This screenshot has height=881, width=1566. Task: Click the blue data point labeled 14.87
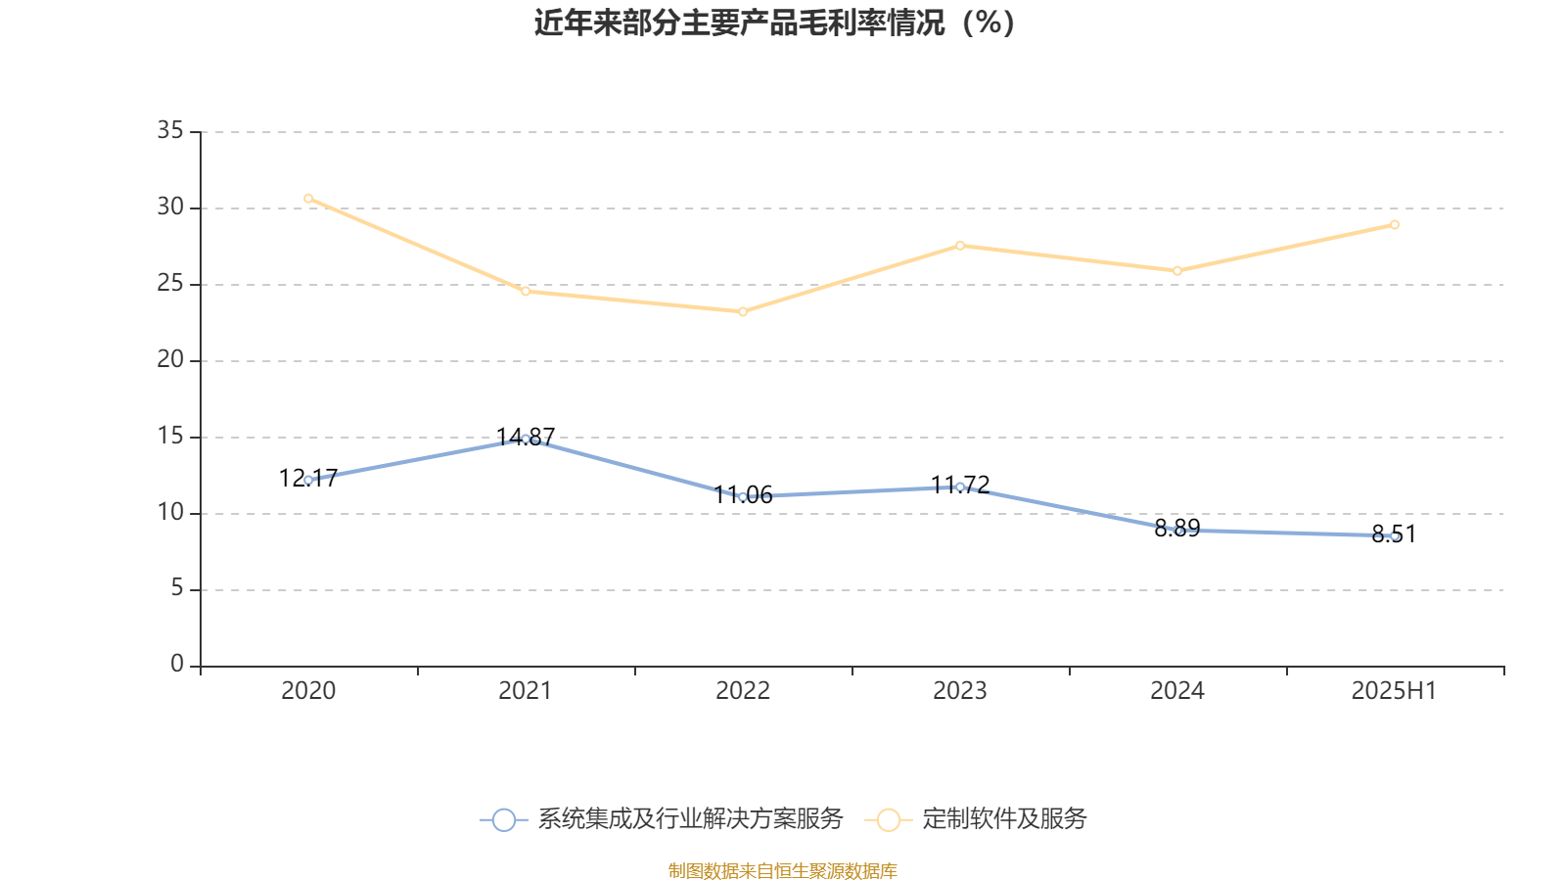point(526,440)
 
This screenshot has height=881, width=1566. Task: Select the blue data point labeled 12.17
point(308,480)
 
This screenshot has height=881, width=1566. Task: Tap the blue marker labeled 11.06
point(743,497)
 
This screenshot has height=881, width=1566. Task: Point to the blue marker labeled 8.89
point(1177,531)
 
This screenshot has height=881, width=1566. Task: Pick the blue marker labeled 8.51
point(1394,535)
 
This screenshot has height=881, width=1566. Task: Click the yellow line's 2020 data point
point(308,199)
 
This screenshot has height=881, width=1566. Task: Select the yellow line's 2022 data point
point(743,311)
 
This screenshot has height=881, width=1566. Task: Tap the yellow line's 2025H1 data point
point(1394,225)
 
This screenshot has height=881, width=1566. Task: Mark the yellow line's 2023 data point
point(960,246)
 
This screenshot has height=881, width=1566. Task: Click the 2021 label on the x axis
point(526,691)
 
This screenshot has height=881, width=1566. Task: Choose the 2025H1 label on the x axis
point(1394,691)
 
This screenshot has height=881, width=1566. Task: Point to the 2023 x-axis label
point(960,691)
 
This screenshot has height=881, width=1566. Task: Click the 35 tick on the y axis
point(170,130)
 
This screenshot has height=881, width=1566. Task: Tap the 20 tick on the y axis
point(170,359)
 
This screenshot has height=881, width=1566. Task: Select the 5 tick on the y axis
point(176,588)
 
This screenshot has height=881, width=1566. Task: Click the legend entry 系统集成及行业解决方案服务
point(689,819)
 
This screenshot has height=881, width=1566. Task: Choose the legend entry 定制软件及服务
point(1003,819)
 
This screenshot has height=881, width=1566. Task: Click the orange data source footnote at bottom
point(783,870)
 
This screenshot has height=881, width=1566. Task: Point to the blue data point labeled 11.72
point(960,487)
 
